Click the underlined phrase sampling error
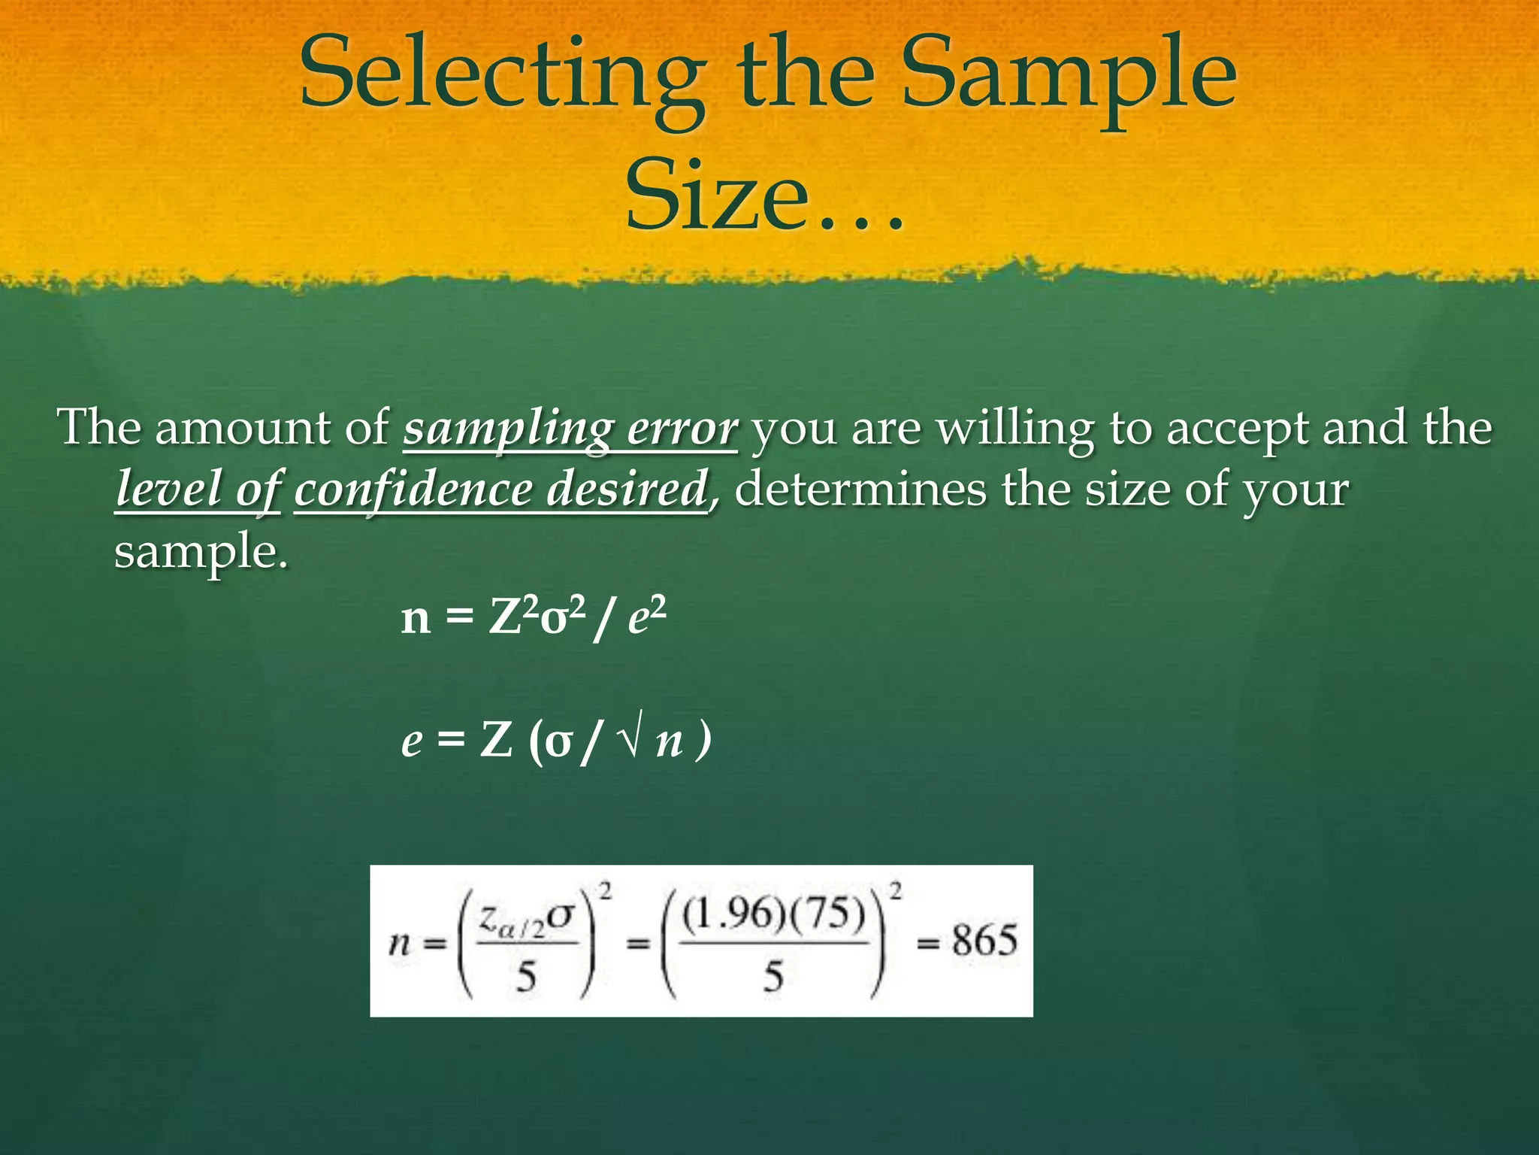click(x=570, y=429)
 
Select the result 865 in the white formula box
click(x=984, y=941)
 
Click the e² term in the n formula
click(x=647, y=618)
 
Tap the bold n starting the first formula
click(x=416, y=620)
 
